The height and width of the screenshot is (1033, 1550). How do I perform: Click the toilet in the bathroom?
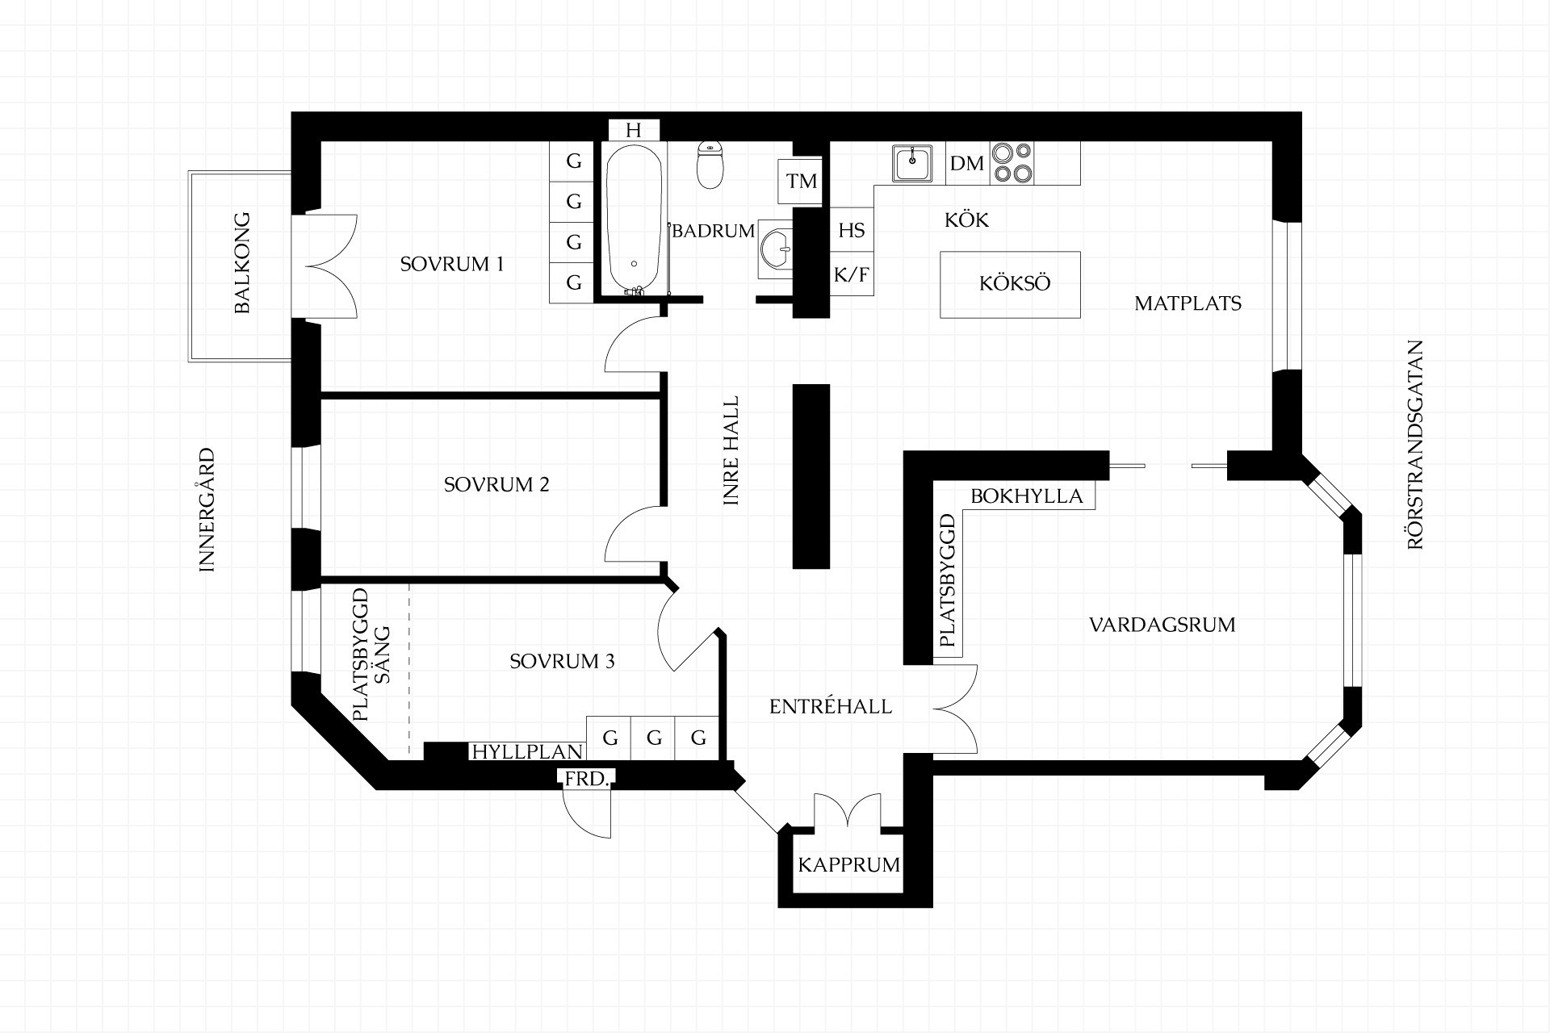point(710,165)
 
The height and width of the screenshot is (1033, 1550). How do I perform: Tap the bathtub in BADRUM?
point(635,218)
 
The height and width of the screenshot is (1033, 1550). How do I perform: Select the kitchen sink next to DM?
point(912,163)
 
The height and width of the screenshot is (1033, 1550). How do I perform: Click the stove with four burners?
point(1012,163)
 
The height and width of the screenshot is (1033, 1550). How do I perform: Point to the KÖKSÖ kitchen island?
point(1011,284)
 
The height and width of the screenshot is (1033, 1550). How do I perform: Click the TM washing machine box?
point(802,181)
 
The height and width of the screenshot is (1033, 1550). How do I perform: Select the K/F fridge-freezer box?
point(852,275)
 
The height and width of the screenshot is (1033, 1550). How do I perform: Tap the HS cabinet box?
point(852,231)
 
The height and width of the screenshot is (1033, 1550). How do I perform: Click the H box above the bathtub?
point(634,131)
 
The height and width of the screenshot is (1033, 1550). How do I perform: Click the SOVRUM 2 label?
point(496,484)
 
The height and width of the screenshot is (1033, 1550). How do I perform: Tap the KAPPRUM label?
point(848,865)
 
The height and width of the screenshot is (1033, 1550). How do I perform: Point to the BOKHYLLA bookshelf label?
point(1026,496)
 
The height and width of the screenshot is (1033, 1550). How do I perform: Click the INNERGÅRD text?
point(207,510)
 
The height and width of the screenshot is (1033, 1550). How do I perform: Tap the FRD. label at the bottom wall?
point(588,779)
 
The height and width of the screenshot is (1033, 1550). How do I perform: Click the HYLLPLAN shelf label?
point(527,751)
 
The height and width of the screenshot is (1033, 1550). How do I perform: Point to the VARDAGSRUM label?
point(1162,625)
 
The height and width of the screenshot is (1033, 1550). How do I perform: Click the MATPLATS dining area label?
point(1188,303)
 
